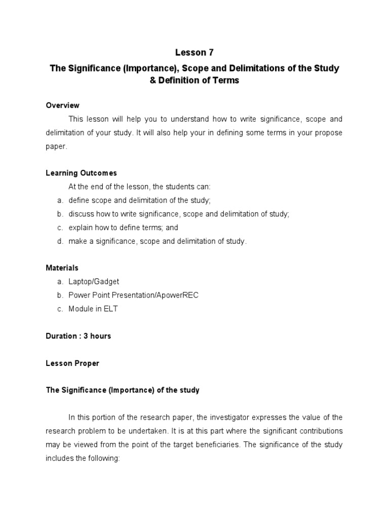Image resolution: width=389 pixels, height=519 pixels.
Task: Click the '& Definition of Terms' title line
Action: click(x=194, y=81)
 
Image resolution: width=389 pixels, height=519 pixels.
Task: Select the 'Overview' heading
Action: click(x=62, y=105)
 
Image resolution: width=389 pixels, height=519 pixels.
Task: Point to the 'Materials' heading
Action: click(x=62, y=268)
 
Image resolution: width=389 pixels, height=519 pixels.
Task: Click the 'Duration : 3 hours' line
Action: click(x=78, y=336)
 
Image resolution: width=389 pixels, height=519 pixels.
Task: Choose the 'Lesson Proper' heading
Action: click(x=72, y=363)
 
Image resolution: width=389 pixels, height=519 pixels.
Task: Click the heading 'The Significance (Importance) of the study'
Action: click(x=123, y=390)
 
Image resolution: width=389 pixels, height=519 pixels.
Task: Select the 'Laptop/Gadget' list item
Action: click(x=94, y=282)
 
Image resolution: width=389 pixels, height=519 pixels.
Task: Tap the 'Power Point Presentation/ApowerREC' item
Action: click(x=133, y=295)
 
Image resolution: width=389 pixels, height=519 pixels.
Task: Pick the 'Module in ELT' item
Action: click(x=93, y=309)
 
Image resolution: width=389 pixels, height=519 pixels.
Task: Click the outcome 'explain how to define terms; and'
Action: click(x=123, y=228)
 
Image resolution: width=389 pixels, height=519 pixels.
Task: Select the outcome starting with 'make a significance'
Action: click(x=158, y=241)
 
